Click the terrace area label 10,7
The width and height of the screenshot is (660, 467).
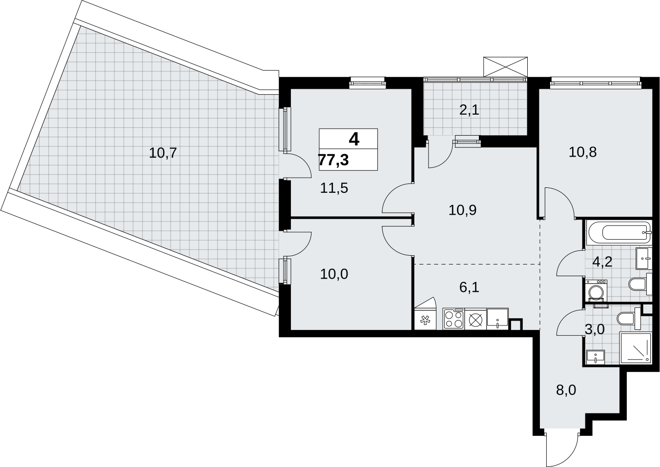coord(163,153)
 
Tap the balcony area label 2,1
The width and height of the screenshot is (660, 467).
coord(469,110)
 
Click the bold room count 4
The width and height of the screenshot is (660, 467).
coord(354,139)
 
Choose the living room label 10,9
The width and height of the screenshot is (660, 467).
coord(463,210)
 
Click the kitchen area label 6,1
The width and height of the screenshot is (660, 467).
coord(469,287)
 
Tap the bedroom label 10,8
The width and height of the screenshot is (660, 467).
coord(582,153)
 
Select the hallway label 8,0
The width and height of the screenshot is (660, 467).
coord(566,390)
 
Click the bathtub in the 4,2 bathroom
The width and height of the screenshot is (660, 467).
coord(619,233)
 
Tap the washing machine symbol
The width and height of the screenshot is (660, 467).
coord(596,291)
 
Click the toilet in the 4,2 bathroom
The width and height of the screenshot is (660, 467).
coord(640,284)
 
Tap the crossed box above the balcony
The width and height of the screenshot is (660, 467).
coord(505,67)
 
